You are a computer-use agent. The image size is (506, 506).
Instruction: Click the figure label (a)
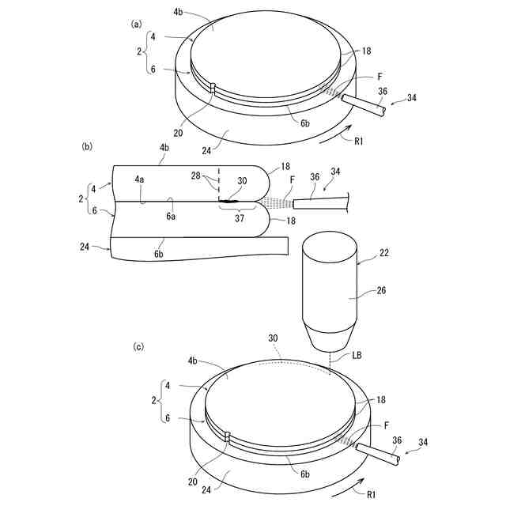(x=136, y=25)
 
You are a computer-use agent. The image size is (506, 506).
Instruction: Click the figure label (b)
(x=87, y=146)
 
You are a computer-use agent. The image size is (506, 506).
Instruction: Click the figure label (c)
(x=138, y=347)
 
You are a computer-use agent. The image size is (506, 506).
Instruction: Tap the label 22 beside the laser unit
(x=383, y=252)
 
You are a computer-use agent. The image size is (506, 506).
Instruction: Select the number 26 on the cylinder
(x=381, y=290)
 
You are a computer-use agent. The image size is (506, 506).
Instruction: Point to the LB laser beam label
(x=356, y=355)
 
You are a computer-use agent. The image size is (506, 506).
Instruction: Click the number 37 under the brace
(x=240, y=218)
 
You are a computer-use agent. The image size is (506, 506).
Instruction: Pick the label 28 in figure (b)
(x=196, y=176)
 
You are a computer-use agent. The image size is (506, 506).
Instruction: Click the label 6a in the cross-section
(x=171, y=216)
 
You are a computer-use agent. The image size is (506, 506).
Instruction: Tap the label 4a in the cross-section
(x=139, y=179)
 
